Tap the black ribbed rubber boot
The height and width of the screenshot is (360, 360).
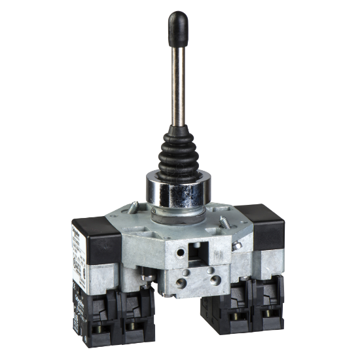click(x=179, y=151)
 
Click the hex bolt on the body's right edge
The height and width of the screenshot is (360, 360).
click(x=237, y=246)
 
